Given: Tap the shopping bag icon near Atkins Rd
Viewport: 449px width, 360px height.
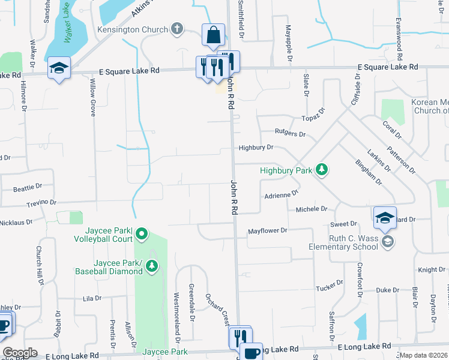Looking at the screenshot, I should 213,35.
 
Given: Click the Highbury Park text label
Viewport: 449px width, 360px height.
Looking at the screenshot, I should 286,170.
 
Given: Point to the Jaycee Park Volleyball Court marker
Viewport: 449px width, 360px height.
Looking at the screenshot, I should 142,233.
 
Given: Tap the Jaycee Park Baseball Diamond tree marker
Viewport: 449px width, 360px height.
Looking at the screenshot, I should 152,265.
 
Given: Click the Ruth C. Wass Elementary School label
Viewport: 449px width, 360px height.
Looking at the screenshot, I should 343,242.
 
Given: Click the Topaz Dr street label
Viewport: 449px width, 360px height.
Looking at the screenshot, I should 313,113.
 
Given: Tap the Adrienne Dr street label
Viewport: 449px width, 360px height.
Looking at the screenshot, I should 282,195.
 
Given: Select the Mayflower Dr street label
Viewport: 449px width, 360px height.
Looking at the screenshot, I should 268,230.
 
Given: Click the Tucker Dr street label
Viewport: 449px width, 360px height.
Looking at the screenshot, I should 330,286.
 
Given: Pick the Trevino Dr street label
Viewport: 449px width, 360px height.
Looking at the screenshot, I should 41,203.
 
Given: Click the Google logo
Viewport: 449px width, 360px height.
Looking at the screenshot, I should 20,353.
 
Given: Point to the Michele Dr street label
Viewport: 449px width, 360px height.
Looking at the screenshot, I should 312,209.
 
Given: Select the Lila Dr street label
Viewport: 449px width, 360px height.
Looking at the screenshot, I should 92,298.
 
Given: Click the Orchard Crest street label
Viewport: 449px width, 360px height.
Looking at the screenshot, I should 217,310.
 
